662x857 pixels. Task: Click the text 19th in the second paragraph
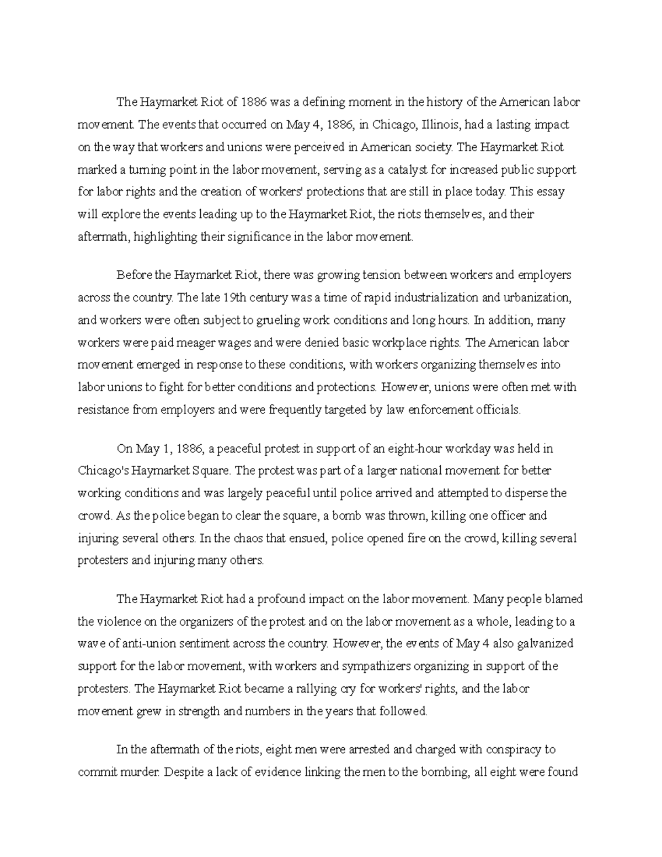click(234, 297)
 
